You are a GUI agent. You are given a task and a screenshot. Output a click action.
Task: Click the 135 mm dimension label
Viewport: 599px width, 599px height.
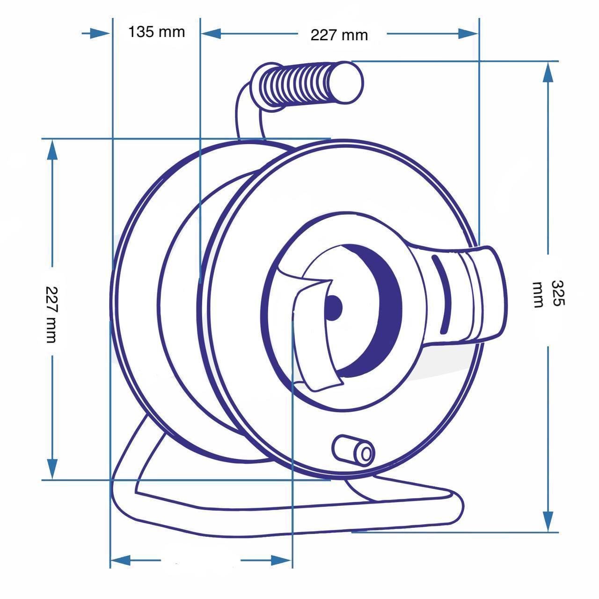pyautogui.click(x=156, y=32)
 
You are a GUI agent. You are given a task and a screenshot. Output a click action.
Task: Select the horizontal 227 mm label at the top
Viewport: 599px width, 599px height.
pyautogui.click(x=339, y=35)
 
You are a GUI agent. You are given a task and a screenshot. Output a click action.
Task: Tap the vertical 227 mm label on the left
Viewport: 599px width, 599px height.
pyautogui.click(x=51, y=314)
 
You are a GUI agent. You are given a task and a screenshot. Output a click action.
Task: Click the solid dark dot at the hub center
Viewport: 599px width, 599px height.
pyautogui.click(x=334, y=307)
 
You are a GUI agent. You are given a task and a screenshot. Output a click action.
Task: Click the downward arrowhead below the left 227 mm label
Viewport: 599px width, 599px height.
pyautogui.click(x=52, y=468)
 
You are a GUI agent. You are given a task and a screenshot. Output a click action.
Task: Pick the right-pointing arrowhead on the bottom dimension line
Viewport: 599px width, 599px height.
pyautogui.click(x=281, y=560)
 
